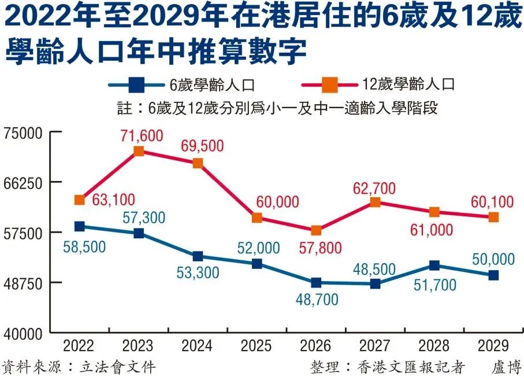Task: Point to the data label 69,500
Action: (202, 146)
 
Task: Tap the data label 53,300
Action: (198, 272)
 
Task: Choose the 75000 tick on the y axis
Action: (24, 132)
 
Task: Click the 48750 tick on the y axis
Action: (24, 283)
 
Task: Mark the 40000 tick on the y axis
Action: (24, 334)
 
